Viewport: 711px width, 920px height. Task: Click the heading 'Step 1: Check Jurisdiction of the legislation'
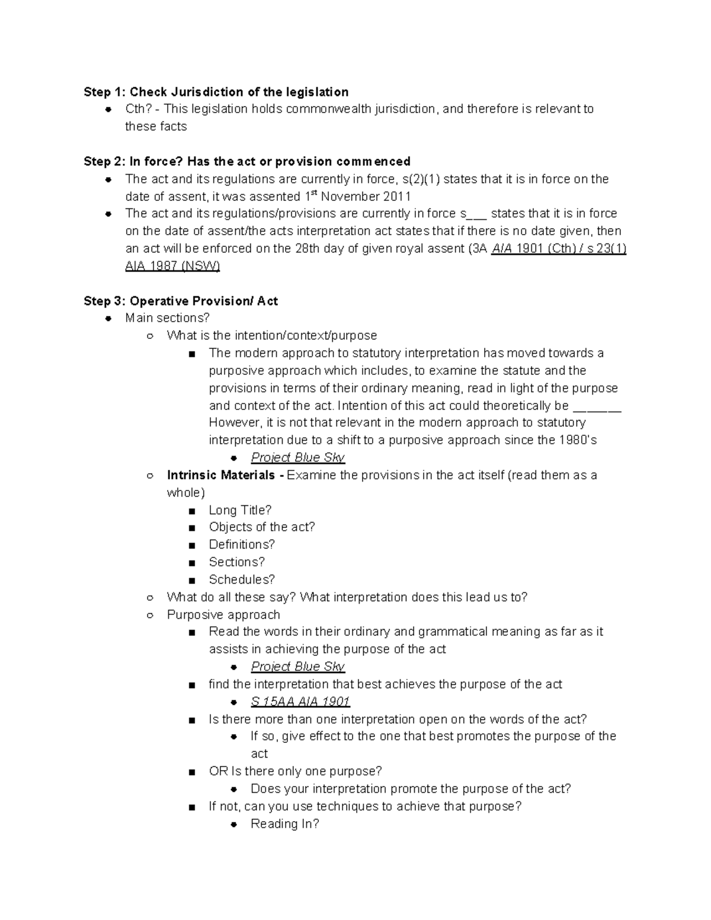point(216,92)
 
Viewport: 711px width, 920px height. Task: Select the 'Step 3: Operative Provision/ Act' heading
point(181,301)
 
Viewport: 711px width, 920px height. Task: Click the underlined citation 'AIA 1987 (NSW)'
point(172,267)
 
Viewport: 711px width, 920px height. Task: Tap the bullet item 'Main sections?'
point(168,318)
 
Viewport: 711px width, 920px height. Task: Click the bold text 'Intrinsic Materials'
point(221,475)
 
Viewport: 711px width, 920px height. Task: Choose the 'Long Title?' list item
point(240,510)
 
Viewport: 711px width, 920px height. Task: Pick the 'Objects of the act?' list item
point(262,527)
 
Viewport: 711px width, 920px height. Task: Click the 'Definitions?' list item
point(242,544)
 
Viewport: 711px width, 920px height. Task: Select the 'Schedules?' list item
point(242,579)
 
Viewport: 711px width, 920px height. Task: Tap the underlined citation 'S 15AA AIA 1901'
point(300,702)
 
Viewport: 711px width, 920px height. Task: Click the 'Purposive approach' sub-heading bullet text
point(223,615)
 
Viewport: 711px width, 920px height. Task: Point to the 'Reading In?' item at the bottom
point(285,824)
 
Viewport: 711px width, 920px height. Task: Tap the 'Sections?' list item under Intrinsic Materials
point(237,562)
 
